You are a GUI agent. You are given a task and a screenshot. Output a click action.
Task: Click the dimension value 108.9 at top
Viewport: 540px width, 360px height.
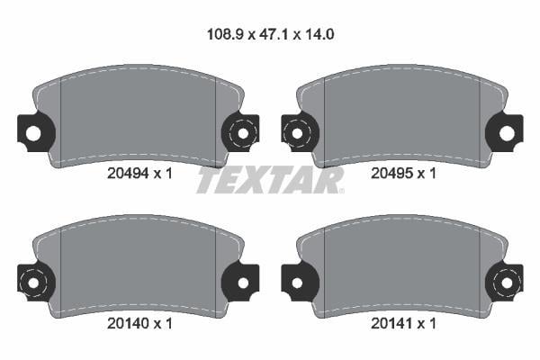click(x=225, y=34)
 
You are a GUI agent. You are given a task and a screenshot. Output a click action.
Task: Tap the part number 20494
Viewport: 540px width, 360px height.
click(x=128, y=174)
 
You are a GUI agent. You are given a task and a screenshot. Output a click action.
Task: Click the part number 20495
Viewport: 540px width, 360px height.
click(x=391, y=174)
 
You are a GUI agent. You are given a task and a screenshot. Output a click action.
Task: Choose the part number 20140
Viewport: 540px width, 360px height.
click(x=128, y=323)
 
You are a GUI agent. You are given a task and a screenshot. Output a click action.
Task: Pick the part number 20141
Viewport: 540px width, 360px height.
click(x=391, y=323)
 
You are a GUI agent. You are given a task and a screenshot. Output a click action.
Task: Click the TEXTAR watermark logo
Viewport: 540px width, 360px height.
click(x=270, y=180)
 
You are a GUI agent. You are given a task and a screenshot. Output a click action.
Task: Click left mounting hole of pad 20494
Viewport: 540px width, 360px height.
click(x=33, y=133)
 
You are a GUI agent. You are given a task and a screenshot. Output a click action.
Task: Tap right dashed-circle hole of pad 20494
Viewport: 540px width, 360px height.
click(x=243, y=133)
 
